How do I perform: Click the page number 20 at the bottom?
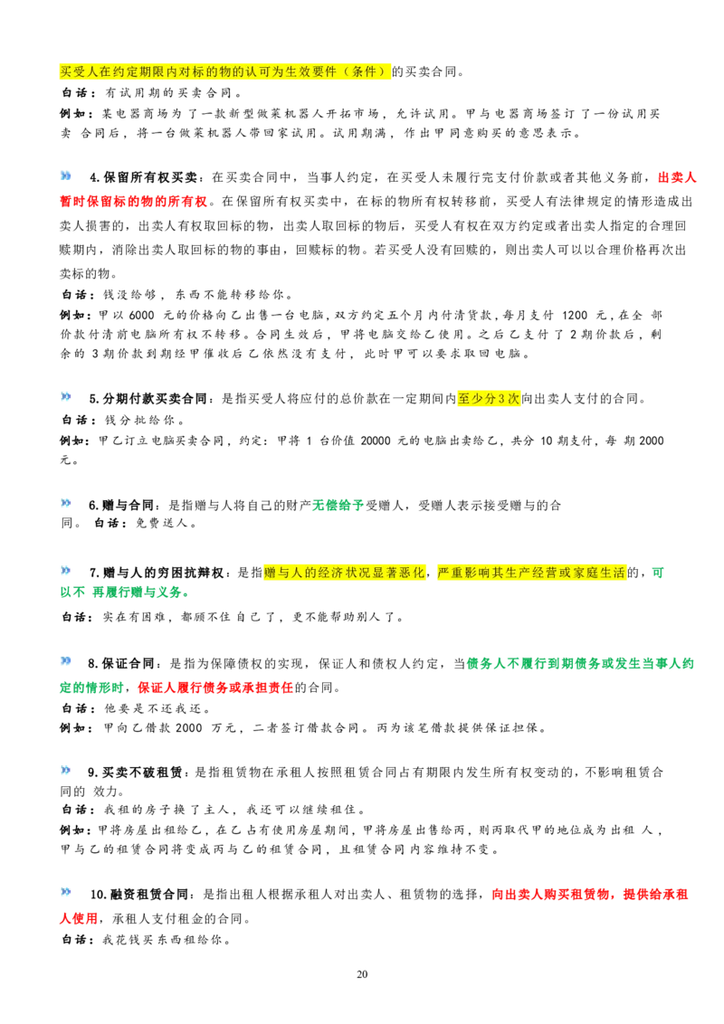(x=362, y=973)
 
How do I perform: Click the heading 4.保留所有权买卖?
(x=143, y=177)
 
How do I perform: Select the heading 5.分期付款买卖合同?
(x=148, y=398)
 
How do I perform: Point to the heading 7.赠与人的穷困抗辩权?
(x=157, y=573)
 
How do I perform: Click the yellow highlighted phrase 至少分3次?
(x=489, y=398)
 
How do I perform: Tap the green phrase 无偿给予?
(x=338, y=505)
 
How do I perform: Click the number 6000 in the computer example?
(x=142, y=315)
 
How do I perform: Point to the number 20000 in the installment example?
(x=376, y=441)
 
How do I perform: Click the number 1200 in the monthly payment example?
(x=575, y=315)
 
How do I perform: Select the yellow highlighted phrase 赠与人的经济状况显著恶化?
(x=345, y=573)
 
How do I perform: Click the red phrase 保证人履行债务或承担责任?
(x=215, y=687)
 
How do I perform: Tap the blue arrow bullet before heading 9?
(x=66, y=771)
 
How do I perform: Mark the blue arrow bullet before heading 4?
(x=66, y=175)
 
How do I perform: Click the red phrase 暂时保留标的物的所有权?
(x=133, y=201)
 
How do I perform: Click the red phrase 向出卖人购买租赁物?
(x=550, y=894)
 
